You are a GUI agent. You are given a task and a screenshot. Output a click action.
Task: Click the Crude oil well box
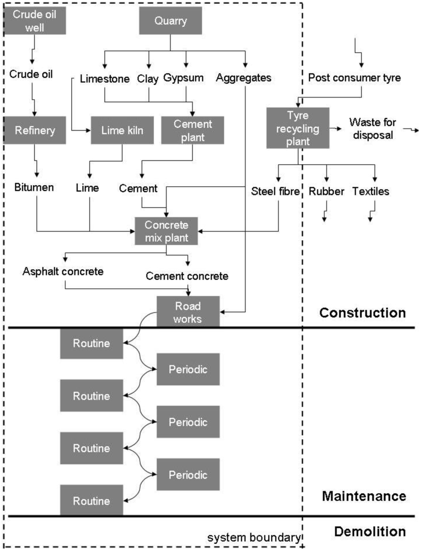coord(35,20)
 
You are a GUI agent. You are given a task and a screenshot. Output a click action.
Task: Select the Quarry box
coord(170,22)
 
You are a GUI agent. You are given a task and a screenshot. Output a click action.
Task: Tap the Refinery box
coord(35,130)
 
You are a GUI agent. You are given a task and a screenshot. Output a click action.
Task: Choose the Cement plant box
coord(186,130)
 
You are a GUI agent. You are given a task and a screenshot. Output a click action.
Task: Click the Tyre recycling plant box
coord(298,128)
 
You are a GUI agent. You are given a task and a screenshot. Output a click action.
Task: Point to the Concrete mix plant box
coord(166,230)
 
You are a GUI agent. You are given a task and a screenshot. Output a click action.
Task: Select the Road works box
coord(188,311)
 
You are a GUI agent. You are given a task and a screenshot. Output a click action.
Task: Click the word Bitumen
coord(35,188)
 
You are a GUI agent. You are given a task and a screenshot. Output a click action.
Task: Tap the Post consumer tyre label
coord(354,78)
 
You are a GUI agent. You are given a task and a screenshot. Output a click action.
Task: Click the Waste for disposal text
coord(371,128)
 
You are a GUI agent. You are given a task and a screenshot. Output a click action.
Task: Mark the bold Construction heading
coord(362,313)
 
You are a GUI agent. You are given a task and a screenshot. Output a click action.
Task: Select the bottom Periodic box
coord(188,474)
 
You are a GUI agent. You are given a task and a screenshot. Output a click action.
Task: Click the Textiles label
coord(371,192)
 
